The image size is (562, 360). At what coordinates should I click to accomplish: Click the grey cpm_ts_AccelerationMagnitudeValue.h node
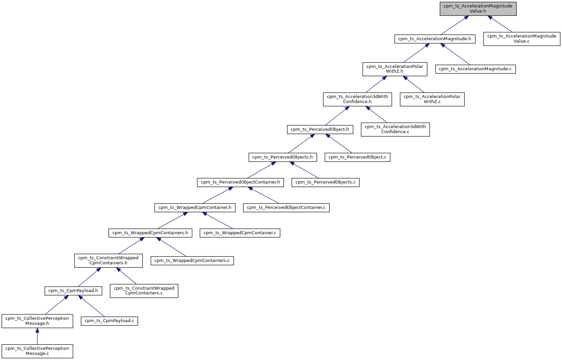click(478, 8)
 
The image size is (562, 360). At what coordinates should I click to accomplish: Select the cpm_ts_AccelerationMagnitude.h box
click(435, 39)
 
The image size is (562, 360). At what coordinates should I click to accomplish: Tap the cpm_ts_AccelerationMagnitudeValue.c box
click(521, 39)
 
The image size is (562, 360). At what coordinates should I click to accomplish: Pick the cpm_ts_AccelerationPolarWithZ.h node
click(394, 69)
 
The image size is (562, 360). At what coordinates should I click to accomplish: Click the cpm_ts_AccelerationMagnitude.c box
click(475, 69)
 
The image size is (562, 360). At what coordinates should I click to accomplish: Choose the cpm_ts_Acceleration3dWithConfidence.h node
click(357, 99)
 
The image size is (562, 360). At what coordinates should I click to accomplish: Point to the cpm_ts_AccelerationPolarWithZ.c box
click(432, 99)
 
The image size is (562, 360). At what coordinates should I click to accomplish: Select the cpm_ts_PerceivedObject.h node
click(320, 129)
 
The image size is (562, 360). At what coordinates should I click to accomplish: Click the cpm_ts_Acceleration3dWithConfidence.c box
click(395, 129)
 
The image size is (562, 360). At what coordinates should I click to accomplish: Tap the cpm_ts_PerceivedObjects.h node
click(282, 157)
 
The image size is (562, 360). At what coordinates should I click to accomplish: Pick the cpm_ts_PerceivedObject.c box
click(357, 157)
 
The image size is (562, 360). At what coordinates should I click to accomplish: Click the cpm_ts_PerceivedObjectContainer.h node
click(240, 182)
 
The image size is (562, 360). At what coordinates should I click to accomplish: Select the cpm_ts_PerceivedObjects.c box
click(325, 182)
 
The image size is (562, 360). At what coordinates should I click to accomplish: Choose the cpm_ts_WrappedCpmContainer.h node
click(195, 208)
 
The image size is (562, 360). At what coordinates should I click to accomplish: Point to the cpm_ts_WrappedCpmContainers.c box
click(192, 261)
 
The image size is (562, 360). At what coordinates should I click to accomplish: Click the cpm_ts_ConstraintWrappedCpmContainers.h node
click(108, 261)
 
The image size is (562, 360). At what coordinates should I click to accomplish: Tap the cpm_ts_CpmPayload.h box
click(73, 291)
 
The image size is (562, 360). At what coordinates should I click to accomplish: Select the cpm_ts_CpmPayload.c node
click(109, 321)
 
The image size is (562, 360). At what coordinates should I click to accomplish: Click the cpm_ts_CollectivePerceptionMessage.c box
click(37, 351)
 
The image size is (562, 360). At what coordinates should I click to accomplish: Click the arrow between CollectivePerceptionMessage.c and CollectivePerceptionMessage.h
click(37, 336)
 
